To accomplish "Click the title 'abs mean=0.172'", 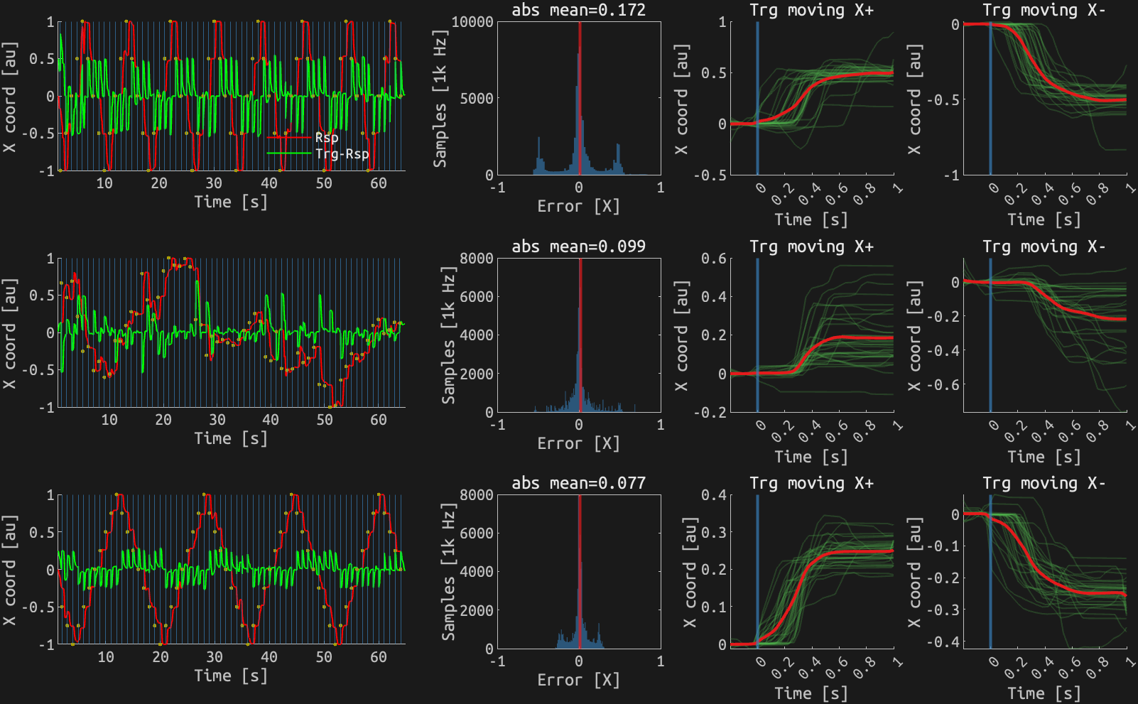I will tap(579, 10).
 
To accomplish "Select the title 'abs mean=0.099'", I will tap(579, 247).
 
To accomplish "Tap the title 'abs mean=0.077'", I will tap(579, 483).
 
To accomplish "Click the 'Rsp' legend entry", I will tap(326, 137).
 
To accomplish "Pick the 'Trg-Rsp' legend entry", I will tap(342, 153).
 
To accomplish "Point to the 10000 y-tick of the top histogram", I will tap(472, 22).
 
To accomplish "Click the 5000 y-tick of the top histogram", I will tap(477, 98).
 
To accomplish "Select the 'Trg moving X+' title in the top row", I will tap(812, 10).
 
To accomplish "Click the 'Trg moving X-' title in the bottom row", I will tap(1044, 483).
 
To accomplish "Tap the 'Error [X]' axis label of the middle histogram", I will tap(579, 443).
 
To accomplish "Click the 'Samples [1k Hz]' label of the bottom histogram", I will tap(448, 572).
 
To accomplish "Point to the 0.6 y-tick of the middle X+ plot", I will tap(713, 259).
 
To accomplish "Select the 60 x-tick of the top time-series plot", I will tap(379, 183).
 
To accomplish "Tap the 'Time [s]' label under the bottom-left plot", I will tap(232, 676).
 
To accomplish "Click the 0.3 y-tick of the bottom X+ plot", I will tap(713, 532).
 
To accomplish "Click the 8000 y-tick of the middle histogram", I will tap(477, 259).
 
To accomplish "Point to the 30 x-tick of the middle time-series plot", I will tap(217, 420).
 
